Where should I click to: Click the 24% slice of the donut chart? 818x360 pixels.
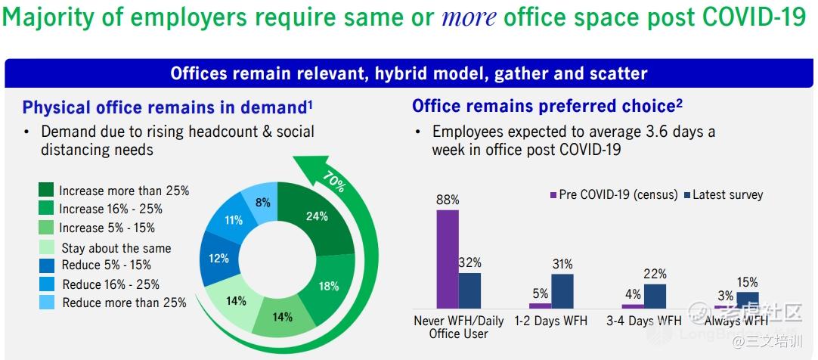point(316,216)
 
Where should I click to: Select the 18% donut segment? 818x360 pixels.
point(328,286)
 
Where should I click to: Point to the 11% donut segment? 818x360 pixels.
point(233,221)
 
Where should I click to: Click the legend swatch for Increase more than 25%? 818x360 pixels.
point(46,189)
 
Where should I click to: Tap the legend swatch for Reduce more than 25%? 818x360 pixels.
point(46,302)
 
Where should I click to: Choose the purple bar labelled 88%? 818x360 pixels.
point(448,259)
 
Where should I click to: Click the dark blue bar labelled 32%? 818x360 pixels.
point(470,290)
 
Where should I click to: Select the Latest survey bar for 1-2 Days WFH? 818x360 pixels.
point(562,291)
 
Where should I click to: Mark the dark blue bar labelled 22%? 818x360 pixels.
point(655,296)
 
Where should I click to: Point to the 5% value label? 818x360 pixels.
point(541,294)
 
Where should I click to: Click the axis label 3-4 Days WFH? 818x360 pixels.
point(643,321)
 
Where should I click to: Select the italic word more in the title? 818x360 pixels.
point(469,17)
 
